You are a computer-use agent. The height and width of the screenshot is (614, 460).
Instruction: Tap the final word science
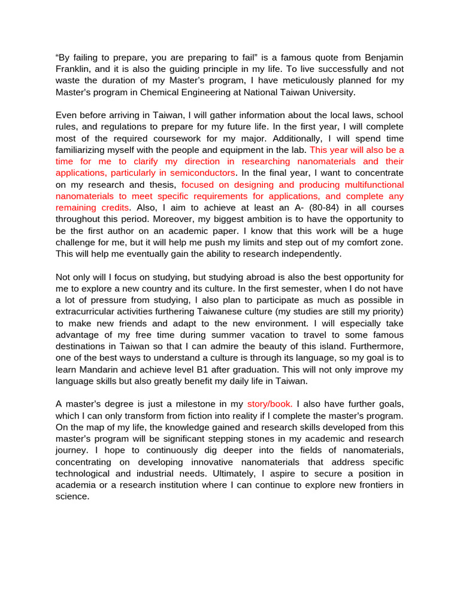pos(72,496)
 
